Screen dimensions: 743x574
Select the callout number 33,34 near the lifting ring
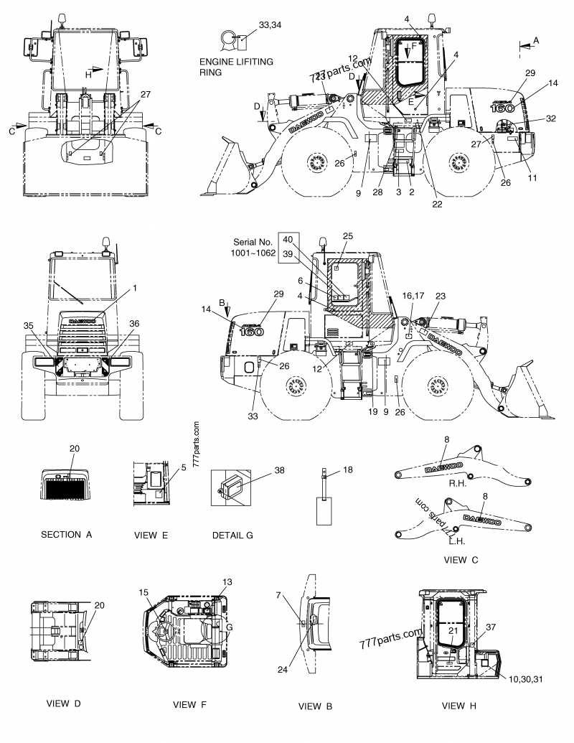(x=270, y=25)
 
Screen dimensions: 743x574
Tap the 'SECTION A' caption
(x=67, y=535)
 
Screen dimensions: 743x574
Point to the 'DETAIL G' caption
(x=232, y=535)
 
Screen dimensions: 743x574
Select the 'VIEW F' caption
(x=189, y=704)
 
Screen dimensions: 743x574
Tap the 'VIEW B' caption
(x=310, y=706)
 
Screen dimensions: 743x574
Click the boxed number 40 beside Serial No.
(x=288, y=240)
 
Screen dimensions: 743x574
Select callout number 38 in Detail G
(x=279, y=472)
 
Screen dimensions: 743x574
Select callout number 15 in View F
(x=143, y=592)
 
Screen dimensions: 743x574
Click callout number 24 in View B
(x=283, y=669)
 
